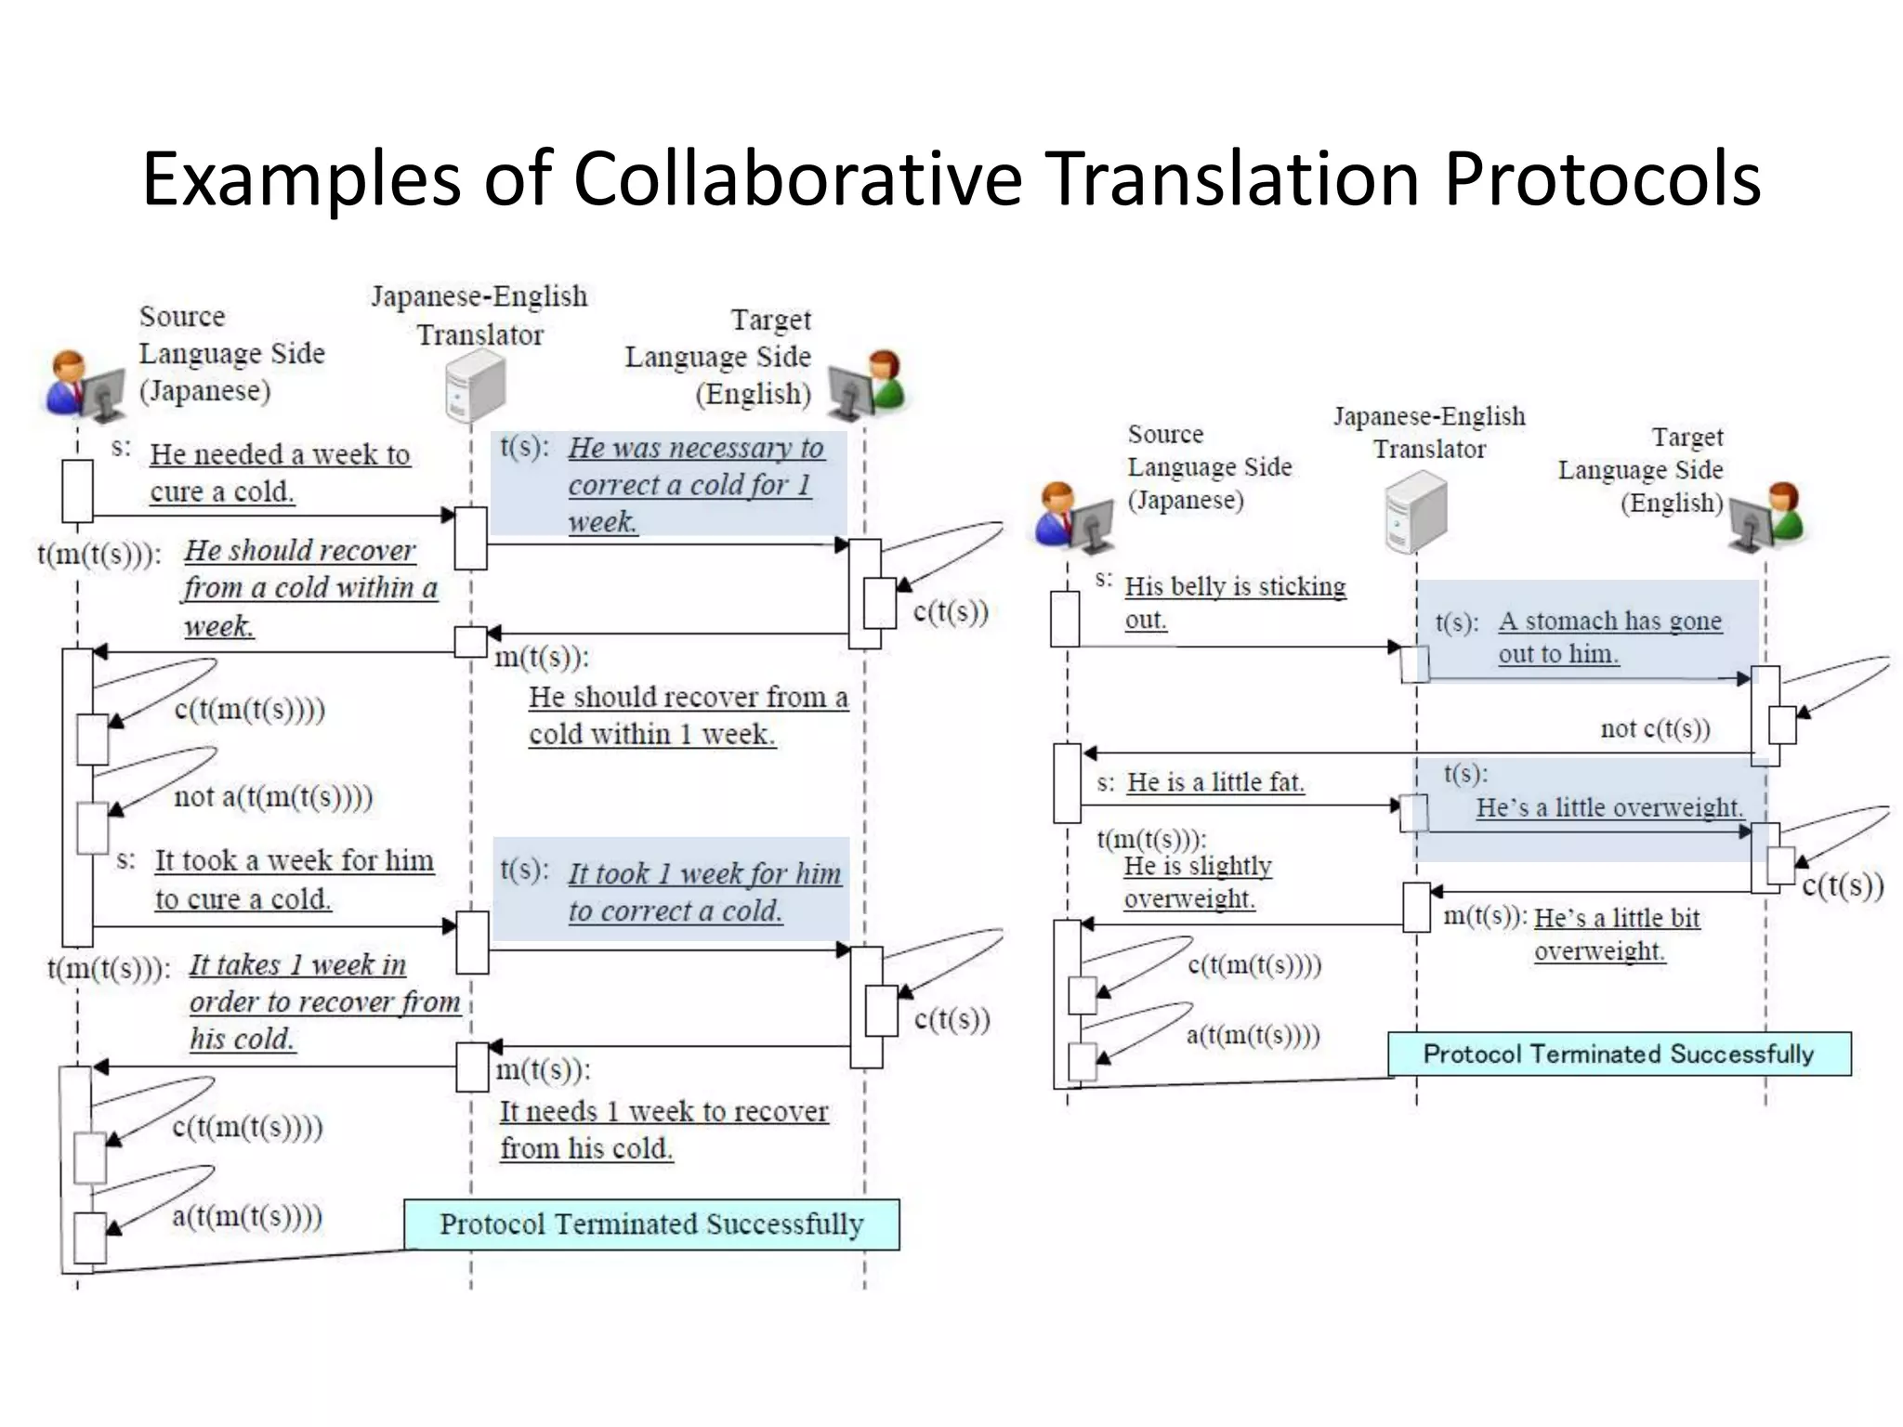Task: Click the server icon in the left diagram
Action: point(475,386)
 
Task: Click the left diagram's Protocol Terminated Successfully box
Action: point(651,1224)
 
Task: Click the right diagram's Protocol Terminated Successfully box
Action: point(1619,1054)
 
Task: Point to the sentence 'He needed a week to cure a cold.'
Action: point(279,473)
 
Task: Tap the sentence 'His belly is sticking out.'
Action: point(1234,602)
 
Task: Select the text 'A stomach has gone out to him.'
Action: point(1608,637)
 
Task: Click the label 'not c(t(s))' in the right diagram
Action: point(1655,729)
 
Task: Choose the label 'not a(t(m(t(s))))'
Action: point(273,797)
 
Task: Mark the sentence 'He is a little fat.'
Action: point(1215,782)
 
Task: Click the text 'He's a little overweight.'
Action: point(1608,807)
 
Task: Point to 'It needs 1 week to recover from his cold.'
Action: point(663,1130)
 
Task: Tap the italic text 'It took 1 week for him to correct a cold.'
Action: point(704,892)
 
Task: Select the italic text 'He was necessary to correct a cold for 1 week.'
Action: point(695,484)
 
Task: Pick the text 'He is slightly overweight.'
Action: point(1197,882)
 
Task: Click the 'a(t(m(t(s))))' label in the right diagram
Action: point(1253,1035)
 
